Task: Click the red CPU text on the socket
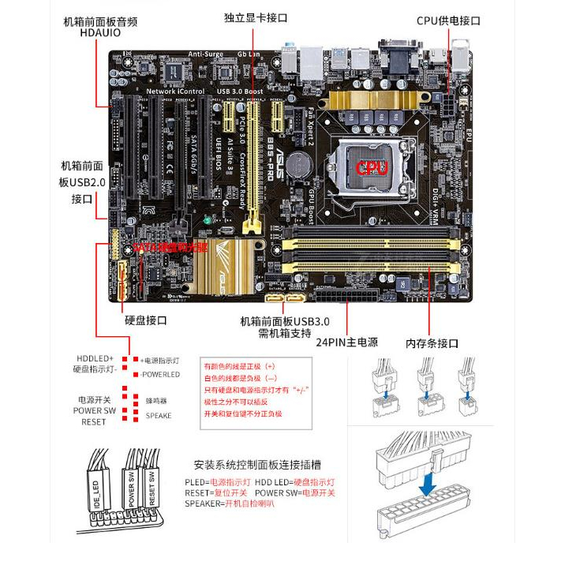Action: click(x=371, y=167)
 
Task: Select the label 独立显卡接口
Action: click(x=255, y=17)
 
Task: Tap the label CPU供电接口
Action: click(x=449, y=21)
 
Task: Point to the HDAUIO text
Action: click(x=100, y=33)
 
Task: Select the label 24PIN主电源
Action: click(x=347, y=342)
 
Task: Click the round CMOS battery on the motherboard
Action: click(x=297, y=163)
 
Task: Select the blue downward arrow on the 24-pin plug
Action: click(x=427, y=482)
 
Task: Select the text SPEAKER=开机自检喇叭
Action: click(x=230, y=503)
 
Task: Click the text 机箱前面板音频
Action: click(x=100, y=21)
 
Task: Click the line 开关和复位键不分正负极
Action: click(x=243, y=413)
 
